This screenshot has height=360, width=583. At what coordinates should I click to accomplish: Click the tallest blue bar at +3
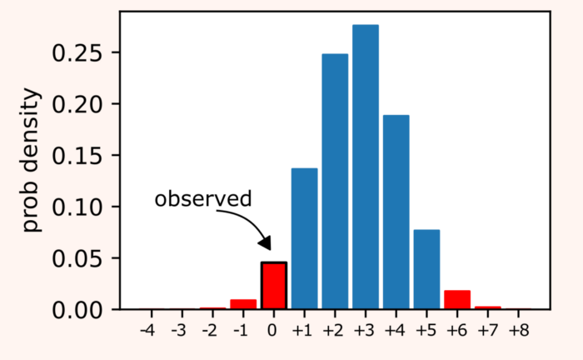point(366,167)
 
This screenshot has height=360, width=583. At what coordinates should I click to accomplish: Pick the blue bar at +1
point(304,238)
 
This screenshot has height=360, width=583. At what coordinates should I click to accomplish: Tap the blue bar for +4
point(396,212)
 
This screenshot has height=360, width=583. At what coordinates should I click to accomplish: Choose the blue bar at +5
point(426,269)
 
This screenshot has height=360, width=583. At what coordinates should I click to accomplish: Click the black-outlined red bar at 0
point(274,286)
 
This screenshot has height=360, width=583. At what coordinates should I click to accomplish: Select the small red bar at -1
point(243,304)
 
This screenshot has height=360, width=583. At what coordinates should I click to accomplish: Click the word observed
point(203,199)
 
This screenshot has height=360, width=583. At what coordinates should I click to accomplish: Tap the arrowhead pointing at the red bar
point(266,243)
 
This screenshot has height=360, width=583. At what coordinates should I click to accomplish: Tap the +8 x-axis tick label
point(517,331)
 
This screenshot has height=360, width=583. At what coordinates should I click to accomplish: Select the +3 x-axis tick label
point(365,331)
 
